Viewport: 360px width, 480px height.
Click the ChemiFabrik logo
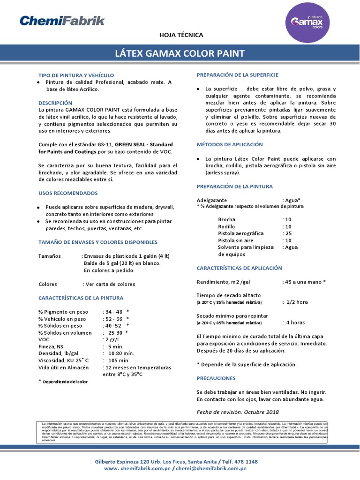pyautogui.click(x=62, y=21)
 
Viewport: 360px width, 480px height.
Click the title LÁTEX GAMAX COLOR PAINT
pyautogui.click(x=180, y=53)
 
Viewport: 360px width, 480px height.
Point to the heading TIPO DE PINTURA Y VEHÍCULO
pyautogui.click(x=76, y=75)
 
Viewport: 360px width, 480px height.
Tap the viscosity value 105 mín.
pyautogui.click(x=119, y=360)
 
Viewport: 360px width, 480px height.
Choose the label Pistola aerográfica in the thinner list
pyautogui.click(x=240, y=233)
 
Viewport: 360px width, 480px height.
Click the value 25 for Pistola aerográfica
pyautogui.click(x=288, y=233)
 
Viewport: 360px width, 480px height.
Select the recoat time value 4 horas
pyautogui.click(x=295, y=322)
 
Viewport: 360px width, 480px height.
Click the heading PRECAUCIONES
pyautogui.click(x=216, y=378)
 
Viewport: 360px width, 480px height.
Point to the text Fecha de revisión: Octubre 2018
pyautogui.click(x=238, y=412)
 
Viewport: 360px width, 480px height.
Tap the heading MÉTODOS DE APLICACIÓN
pyautogui.click(x=230, y=144)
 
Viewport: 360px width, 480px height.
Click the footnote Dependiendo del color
pyautogui.click(x=66, y=382)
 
